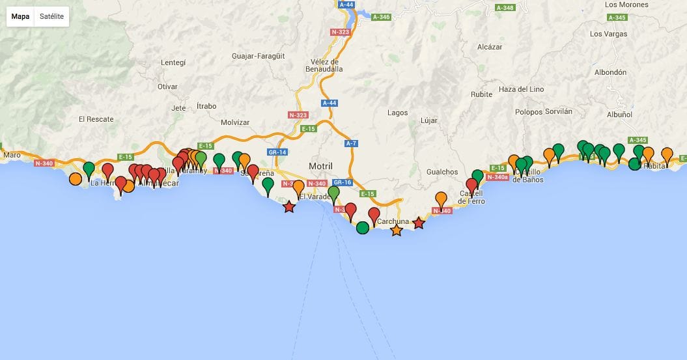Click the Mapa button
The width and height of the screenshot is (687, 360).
(x=20, y=16)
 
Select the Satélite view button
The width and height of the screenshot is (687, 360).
(x=51, y=16)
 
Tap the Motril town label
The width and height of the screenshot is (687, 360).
(x=320, y=166)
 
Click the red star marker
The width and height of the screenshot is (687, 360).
(x=288, y=207)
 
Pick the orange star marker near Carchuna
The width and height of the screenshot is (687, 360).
(x=397, y=230)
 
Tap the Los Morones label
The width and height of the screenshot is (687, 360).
(x=626, y=5)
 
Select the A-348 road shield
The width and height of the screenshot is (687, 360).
(x=505, y=8)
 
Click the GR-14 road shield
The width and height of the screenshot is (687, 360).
(x=277, y=152)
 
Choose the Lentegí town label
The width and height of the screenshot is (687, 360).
(x=173, y=62)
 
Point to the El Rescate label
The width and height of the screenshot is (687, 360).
(x=96, y=119)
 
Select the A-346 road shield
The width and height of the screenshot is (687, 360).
(x=381, y=17)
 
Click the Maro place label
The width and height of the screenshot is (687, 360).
(x=12, y=155)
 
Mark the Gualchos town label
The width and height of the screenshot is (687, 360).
(x=442, y=172)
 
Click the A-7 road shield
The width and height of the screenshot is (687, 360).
(x=352, y=143)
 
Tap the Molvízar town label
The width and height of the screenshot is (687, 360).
(x=235, y=122)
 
